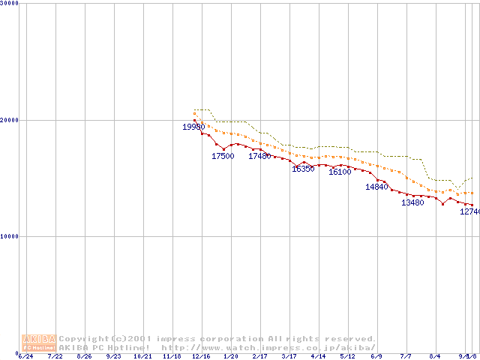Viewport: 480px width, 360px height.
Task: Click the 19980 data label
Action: pyautogui.click(x=193, y=127)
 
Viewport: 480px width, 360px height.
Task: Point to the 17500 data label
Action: pyautogui.click(x=223, y=156)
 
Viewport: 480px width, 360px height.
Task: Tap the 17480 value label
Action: pyautogui.click(x=259, y=156)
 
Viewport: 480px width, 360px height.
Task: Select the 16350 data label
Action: pyautogui.click(x=303, y=169)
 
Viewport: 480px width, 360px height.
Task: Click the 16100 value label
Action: pyautogui.click(x=340, y=172)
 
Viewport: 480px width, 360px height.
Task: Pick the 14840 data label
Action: pyautogui.click(x=376, y=187)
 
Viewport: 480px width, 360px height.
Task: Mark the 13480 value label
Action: pyautogui.click(x=412, y=202)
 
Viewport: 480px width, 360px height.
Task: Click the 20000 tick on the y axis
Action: pyautogui.click(x=9, y=120)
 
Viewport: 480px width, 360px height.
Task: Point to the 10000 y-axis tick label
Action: pyautogui.click(x=9, y=236)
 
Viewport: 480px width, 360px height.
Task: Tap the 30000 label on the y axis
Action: pyautogui.click(x=9, y=4)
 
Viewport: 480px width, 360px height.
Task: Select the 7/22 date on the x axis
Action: pyautogui.click(x=55, y=356)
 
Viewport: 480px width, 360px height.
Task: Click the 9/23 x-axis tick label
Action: pyautogui.click(x=113, y=356)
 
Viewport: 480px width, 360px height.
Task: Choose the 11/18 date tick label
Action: pyautogui.click(x=172, y=356)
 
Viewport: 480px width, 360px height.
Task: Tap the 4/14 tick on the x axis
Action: pyautogui.click(x=318, y=356)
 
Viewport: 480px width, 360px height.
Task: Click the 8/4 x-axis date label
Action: pyautogui.click(x=435, y=356)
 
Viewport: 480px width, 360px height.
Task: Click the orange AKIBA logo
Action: pyautogui.click(x=39, y=343)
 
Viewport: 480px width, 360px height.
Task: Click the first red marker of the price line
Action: pyautogui.click(x=195, y=120)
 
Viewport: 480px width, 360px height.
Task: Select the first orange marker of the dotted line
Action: pyautogui.click(x=195, y=113)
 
